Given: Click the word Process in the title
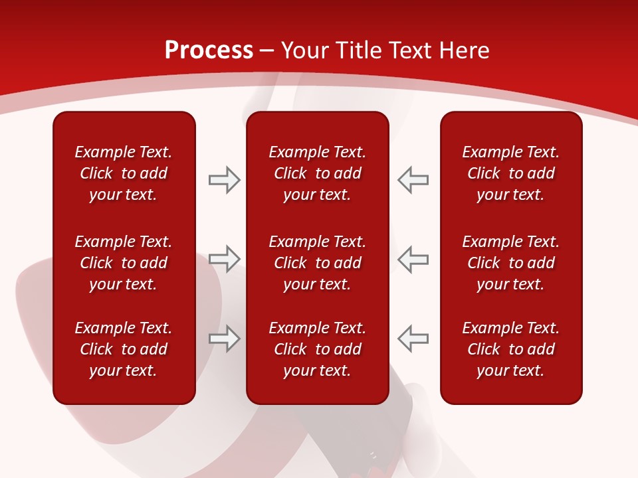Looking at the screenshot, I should click(209, 50).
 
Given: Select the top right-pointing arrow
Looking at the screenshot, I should click(224, 180).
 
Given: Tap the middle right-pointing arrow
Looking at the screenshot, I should click(224, 259).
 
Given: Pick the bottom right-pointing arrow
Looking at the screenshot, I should click(224, 339).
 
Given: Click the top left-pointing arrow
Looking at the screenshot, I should click(413, 180).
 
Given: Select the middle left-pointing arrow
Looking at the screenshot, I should click(413, 259).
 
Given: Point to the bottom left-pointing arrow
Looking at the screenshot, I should click(413, 339).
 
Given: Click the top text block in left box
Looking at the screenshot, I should click(124, 173).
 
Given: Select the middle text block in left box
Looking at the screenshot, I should click(124, 263).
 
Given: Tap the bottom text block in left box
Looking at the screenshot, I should click(124, 349).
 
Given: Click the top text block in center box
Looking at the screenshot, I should click(318, 173).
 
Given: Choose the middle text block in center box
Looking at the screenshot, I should click(318, 263).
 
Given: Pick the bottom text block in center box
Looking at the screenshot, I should click(318, 349).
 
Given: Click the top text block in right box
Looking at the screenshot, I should click(511, 173).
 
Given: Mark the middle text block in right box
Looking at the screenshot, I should click(511, 263).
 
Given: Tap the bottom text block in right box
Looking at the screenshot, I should click(511, 349).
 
